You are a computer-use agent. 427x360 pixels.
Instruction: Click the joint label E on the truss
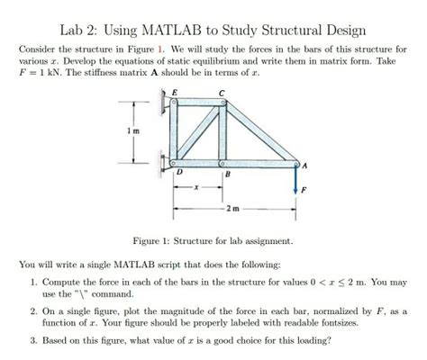[175, 92]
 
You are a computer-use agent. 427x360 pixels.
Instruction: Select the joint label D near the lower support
[180, 171]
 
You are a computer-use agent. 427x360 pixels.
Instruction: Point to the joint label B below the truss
[227, 173]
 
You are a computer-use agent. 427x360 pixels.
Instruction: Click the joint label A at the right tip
[305, 165]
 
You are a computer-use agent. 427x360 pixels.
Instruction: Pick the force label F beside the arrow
[304, 190]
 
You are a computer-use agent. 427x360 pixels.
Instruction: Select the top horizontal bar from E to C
[196, 103]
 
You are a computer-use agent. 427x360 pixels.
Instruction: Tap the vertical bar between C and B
[222, 133]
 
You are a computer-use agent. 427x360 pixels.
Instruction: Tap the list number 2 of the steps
[32, 309]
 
